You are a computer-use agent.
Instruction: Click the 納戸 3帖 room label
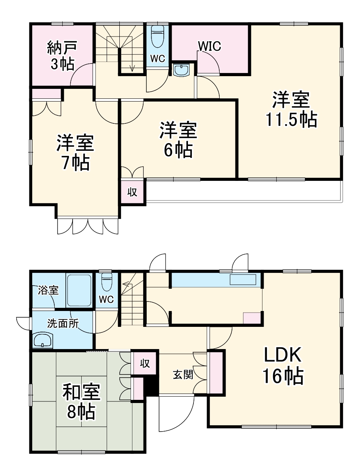61,56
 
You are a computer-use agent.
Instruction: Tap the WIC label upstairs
209,46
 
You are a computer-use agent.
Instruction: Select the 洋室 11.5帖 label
291,109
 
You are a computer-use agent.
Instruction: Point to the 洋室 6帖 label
178,140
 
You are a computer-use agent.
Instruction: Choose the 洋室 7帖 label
75,153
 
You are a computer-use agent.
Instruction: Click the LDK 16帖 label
283,365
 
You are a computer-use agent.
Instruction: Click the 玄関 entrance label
183,374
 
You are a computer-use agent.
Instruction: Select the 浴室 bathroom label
48,290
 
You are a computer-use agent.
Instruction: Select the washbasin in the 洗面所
43,340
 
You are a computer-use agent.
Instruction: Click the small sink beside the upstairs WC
182,70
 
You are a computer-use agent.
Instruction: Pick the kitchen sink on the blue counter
243,279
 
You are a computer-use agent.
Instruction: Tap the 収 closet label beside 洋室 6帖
132,192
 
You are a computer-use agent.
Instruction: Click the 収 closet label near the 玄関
145,363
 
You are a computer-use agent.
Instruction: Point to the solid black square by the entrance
151,385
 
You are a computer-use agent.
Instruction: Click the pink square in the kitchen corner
252,319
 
